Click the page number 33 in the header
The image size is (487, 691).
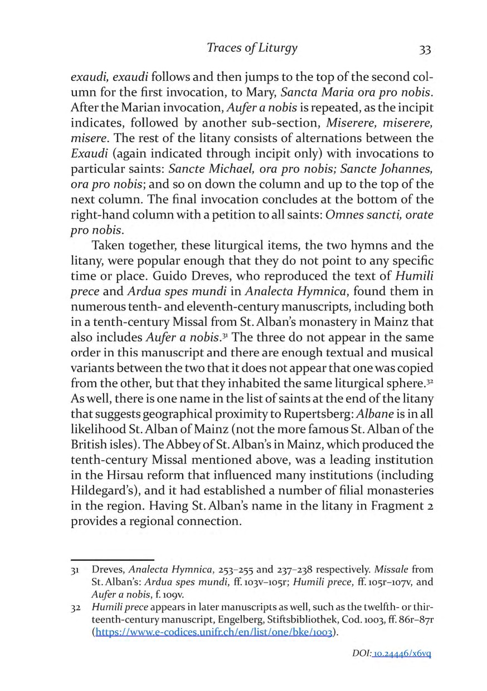pos(425,50)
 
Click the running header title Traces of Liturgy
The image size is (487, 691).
pos(252,48)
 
